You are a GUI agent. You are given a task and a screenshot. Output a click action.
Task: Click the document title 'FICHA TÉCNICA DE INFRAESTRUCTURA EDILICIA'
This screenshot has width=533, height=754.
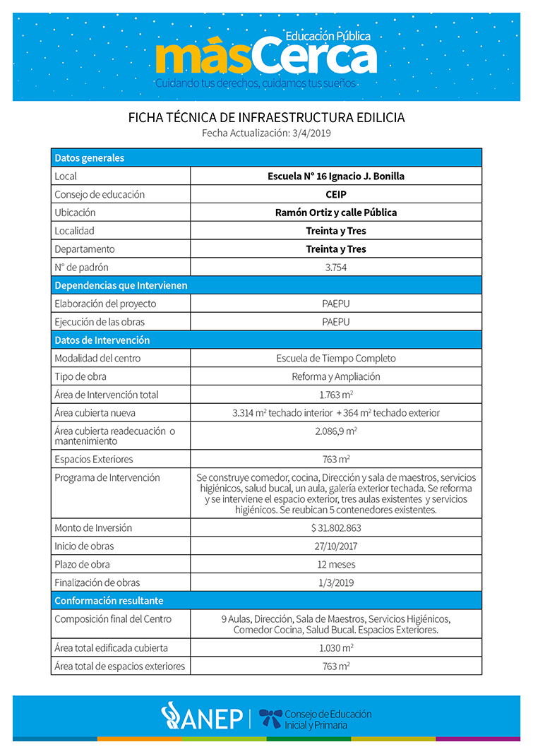click(266, 117)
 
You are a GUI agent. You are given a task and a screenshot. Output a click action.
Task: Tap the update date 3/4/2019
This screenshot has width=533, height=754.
click(311, 133)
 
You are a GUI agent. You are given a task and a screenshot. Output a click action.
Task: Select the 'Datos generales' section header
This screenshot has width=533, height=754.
click(90, 157)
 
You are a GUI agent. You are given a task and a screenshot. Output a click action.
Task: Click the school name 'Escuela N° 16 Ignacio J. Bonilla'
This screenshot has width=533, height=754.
click(336, 176)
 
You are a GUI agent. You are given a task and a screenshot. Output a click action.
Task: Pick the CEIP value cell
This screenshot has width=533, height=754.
click(336, 194)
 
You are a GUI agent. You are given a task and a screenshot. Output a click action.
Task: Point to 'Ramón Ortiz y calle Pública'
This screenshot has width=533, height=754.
click(336, 213)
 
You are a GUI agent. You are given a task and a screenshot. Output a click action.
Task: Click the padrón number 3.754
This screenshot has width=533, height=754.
click(336, 268)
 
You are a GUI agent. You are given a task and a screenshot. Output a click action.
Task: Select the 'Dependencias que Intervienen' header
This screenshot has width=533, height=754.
click(121, 285)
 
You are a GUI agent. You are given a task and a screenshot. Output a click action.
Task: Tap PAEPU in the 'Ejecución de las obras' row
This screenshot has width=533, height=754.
click(336, 322)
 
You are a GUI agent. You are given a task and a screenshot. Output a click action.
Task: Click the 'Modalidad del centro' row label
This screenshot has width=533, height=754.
click(97, 358)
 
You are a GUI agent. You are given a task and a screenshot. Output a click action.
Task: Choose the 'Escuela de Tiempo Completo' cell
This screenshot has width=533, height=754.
click(336, 358)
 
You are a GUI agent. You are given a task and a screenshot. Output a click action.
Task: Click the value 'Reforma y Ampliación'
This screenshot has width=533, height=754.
click(336, 376)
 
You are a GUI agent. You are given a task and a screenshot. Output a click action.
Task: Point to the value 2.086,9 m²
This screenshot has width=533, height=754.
click(336, 431)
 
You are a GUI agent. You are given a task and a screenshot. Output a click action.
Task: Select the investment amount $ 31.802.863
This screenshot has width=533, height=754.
click(336, 527)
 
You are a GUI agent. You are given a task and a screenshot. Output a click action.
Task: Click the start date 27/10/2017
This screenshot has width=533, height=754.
click(336, 546)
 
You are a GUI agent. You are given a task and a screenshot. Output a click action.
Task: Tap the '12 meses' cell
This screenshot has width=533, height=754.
click(336, 564)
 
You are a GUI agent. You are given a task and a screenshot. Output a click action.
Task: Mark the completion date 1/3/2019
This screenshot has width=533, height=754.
click(336, 582)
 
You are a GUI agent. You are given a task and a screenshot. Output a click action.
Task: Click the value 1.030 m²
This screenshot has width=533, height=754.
click(336, 647)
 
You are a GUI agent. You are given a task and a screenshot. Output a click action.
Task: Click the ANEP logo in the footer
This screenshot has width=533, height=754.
click(202, 717)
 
